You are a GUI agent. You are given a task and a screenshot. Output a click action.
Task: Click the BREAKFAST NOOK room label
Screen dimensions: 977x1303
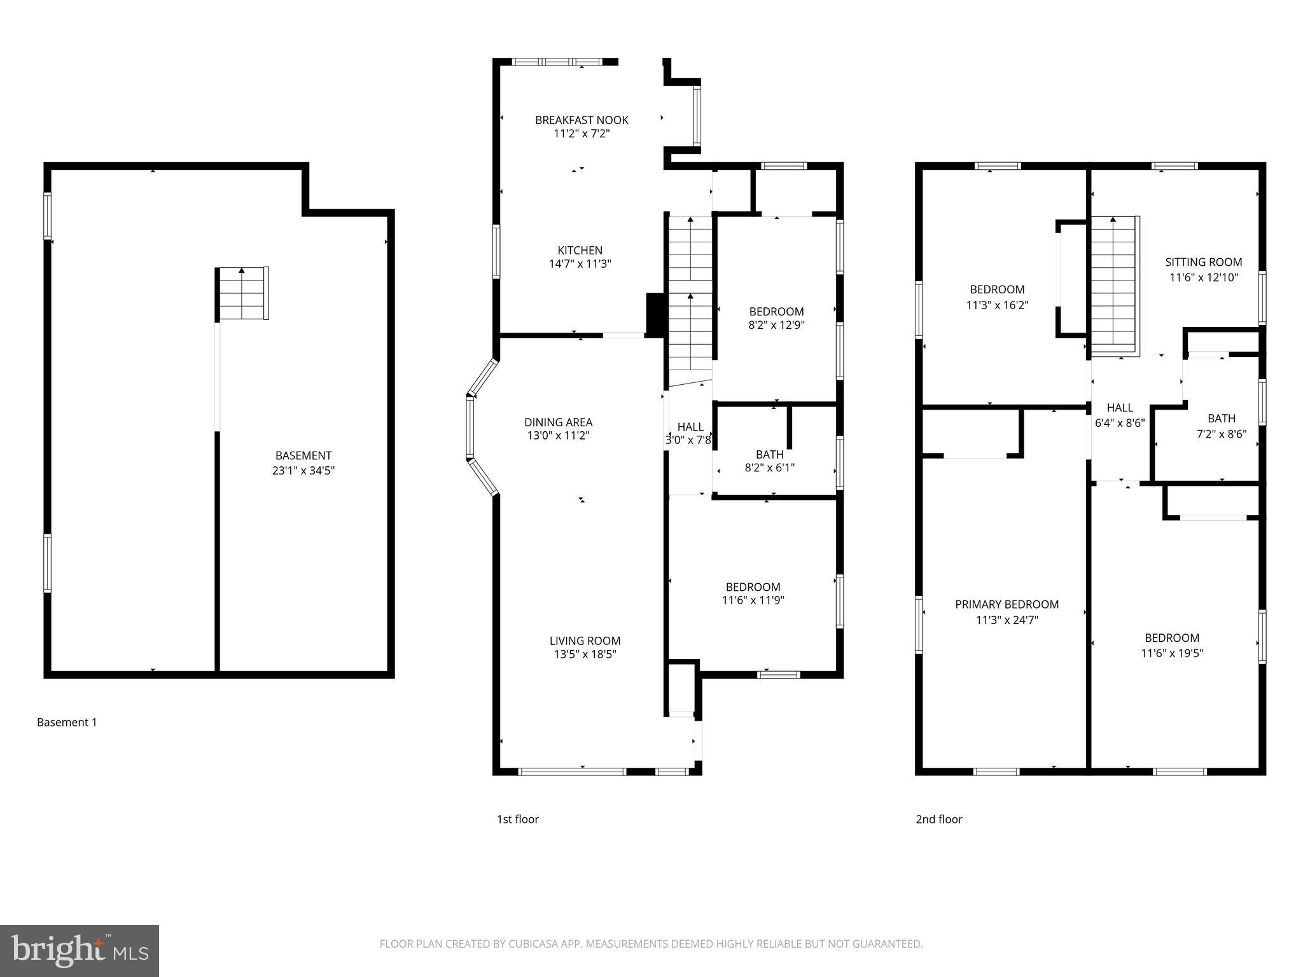coord(582,120)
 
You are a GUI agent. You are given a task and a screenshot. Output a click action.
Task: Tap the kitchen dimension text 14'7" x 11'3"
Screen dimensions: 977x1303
coord(580,264)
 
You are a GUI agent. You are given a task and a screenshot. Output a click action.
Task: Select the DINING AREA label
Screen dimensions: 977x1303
coord(558,422)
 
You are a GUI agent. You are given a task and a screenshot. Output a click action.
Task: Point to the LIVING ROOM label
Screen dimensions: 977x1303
coord(585,641)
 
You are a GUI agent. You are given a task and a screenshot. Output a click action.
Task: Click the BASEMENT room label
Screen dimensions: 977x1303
coord(303,455)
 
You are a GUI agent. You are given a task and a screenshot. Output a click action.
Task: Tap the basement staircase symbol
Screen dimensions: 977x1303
coord(242,294)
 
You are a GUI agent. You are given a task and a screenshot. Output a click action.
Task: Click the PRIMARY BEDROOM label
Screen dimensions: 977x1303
coord(1007,604)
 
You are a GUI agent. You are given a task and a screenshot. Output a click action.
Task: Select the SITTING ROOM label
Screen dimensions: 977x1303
coord(1203,262)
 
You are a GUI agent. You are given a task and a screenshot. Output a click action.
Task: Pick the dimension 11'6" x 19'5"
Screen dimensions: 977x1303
coord(1172,653)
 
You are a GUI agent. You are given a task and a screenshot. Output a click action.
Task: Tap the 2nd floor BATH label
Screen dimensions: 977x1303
coord(1221,419)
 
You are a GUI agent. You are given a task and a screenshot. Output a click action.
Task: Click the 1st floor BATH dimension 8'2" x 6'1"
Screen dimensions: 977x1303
coord(769,468)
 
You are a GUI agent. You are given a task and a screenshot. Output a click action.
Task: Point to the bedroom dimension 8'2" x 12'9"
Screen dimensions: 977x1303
coord(776,325)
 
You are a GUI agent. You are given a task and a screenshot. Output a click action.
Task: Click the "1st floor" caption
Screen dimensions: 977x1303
coord(517,819)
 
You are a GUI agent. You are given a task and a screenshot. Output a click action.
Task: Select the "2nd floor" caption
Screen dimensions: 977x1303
coord(938,819)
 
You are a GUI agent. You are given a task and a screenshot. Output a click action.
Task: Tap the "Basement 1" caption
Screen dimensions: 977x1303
coord(67,722)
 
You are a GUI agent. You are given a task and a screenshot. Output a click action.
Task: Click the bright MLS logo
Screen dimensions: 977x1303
coord(80,950)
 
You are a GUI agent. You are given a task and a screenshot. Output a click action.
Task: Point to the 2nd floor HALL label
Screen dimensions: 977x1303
coord(1119,408)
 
